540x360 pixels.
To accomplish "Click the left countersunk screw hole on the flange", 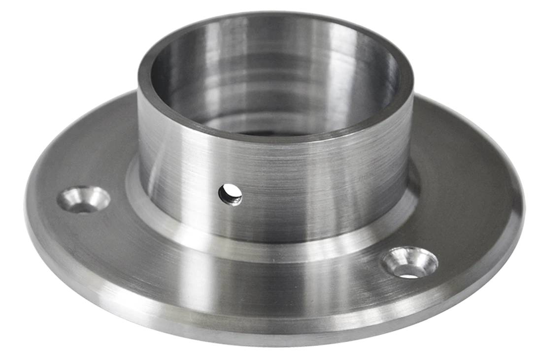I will pos(83,199).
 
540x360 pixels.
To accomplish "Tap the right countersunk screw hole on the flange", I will pos(409,262).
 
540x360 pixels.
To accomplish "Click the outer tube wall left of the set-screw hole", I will pos(172,182).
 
